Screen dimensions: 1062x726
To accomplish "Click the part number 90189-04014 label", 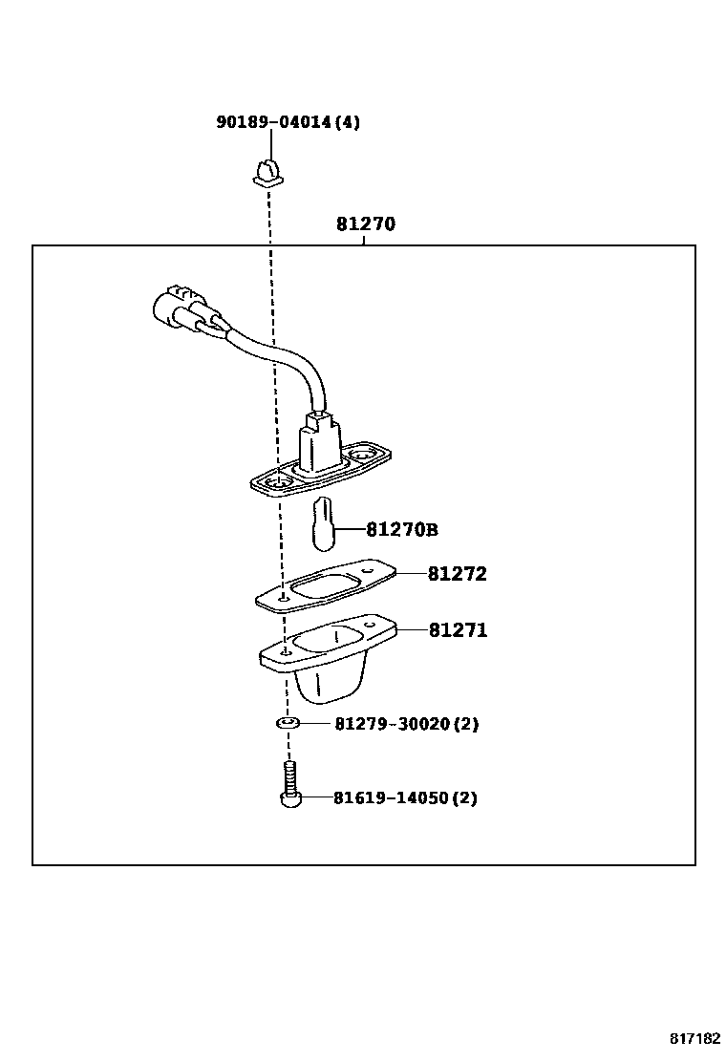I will coord(273,122).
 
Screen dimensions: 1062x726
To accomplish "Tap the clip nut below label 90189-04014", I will coord(268,173).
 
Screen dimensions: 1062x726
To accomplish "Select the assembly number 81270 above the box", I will coord(365,225).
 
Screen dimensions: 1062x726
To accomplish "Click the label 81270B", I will coord(402,529).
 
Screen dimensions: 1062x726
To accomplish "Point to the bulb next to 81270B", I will coord(323,525).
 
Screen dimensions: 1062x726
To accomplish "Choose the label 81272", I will coord(457,574).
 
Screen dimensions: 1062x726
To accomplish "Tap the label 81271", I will coord(458,630).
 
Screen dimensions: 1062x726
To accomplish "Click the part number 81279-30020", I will coord(391,724).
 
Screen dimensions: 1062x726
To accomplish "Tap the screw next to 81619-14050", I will coord(289,788).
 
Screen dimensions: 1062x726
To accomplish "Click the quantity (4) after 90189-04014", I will coord(348,122).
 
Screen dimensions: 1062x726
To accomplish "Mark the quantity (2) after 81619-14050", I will coord(463,797).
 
